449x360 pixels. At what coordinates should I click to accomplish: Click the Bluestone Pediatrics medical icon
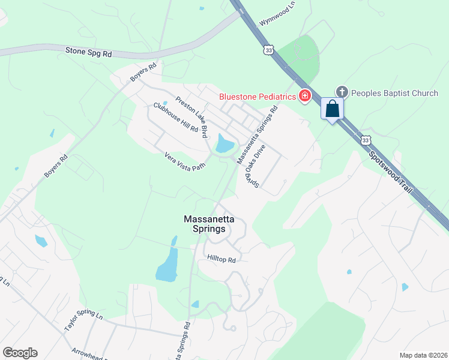click(305, 96)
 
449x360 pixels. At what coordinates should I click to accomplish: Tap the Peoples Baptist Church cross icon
click(342, 92)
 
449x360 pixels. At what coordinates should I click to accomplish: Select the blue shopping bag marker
click(333, 109)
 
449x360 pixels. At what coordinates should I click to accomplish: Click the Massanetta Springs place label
click(205, 224)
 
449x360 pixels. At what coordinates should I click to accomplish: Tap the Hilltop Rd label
click(221, 259)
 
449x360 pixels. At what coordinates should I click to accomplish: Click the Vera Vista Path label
click(185, 161)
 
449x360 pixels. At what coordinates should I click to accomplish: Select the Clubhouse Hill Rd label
click(175, 117)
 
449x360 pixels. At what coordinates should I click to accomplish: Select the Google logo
click(20, 353)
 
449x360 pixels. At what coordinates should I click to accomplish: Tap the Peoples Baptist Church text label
click(394, 93)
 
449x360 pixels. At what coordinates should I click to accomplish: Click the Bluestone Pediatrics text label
click(258, 97)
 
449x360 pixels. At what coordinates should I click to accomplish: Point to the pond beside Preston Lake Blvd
click(224, 144)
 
